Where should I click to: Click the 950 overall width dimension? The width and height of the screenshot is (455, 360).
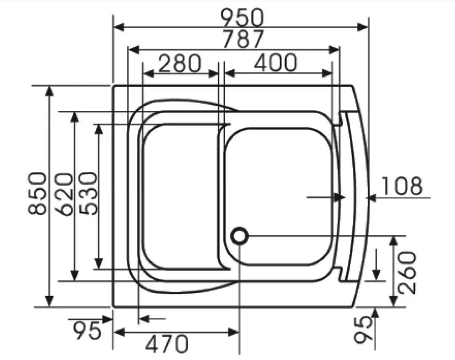[x=243, y=17]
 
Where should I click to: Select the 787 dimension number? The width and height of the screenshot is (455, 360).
[x=243, y=39]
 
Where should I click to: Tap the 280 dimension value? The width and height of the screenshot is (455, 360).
[x=180, y=63]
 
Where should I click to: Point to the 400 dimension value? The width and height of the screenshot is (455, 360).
[x=276, y=62]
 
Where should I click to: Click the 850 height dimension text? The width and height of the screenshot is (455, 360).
[x=37, y=193]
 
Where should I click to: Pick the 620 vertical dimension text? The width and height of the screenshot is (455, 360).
[x=63, y=194]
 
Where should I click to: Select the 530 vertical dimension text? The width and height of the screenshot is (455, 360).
[x=88, y=193]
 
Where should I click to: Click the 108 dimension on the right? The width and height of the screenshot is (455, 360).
[x=401, y=186]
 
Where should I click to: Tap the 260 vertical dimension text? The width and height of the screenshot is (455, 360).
[x=407, y=272]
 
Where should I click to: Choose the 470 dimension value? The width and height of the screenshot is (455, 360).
[x=167, y=344]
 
